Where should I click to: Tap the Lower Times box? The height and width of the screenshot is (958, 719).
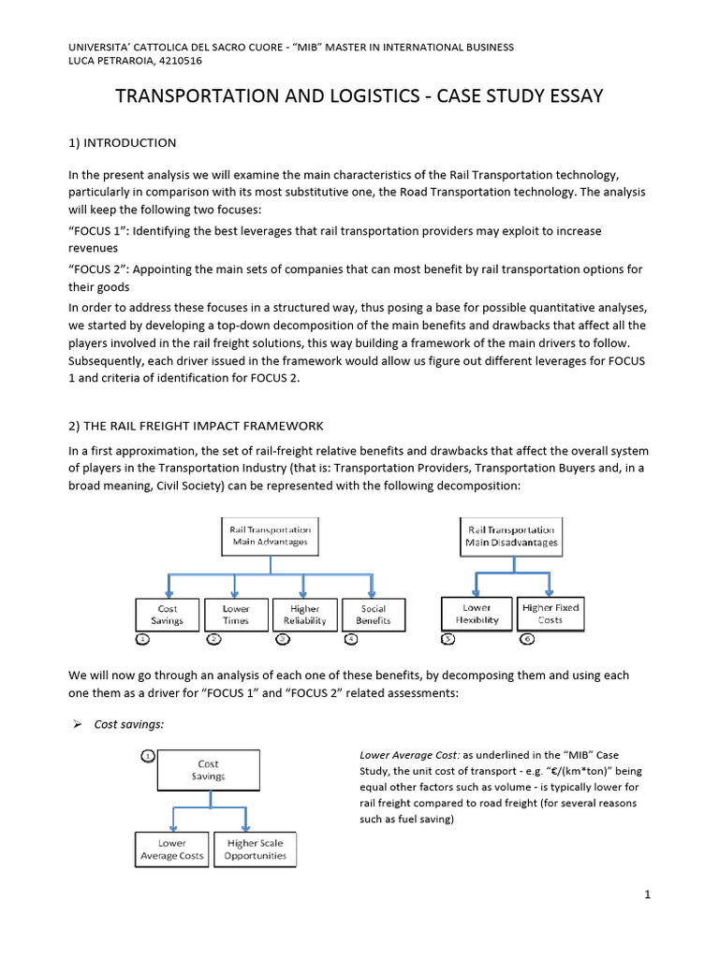point(236,614)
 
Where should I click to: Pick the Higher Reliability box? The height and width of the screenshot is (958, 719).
point(304,614)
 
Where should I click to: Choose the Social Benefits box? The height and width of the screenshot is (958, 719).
point(373,614)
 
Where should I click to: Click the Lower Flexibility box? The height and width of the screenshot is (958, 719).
point(477,613)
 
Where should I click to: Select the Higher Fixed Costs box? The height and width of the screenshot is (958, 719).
point(550,613)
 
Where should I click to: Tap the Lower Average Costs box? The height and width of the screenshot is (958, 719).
point(171,849)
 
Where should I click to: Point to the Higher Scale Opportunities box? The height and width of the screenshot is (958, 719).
point(255,849)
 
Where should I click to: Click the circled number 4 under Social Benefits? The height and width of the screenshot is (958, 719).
point(351,640)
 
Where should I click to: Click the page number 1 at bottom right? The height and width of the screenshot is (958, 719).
point(647,895)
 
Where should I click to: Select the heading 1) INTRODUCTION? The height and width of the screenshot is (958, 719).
point(123,143)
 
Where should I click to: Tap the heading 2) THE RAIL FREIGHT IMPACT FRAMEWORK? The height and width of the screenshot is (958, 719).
point(196,426)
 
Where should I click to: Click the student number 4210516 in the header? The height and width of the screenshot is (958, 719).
point(179,61)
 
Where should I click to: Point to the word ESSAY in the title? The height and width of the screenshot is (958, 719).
point(568,96)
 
